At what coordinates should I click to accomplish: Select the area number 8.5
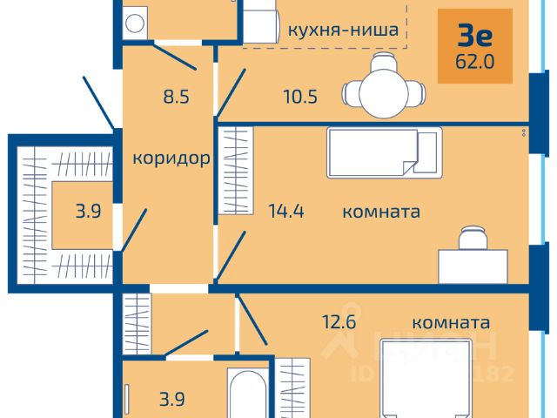[x=177, y=97]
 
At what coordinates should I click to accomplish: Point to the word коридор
[x=172, y=158]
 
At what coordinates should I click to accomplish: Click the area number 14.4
[x=285, y=210]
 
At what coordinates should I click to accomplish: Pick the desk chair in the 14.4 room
[x=473, y=237]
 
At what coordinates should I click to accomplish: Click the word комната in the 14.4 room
[x=382, y=211]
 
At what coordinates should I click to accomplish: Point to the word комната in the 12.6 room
[x=451, y=322]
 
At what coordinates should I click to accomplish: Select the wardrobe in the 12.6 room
[x=294, y=388]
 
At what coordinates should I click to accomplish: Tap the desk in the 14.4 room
[x=473, y=264]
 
